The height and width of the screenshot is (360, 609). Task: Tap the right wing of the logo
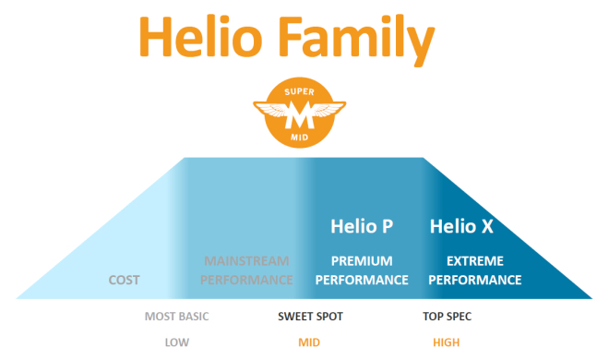(x=327, y=113)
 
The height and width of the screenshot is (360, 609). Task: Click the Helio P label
(x=362, y=226)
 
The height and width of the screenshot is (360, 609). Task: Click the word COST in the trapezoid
(x=125, y=280)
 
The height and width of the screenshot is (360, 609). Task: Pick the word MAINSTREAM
(x=245, y=261)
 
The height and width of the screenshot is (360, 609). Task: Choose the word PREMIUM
(x=362, y=261)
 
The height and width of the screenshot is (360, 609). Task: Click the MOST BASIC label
(x=176, y=317)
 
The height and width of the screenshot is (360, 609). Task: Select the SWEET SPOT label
(x=310, y=317)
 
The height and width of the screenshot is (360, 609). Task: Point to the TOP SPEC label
(x=448, y=317)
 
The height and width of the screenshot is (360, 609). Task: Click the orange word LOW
(x=177, y=342)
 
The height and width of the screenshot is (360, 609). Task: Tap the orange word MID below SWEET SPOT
(x=309, y=342)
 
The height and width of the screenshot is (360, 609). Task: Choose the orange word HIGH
(x=448, y=342)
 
